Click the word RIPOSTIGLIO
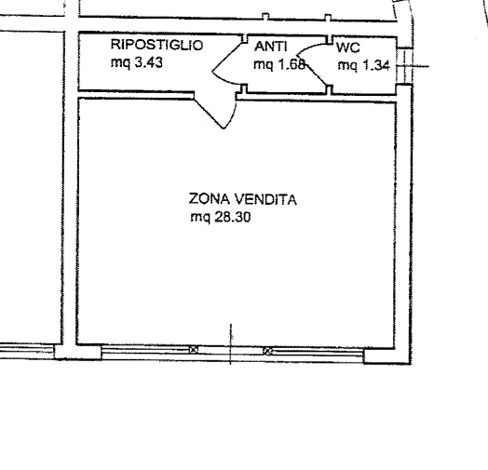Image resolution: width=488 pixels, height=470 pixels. point(156,45)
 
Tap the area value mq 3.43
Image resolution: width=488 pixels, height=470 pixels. point(137,62)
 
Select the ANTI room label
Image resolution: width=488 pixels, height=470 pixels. point(270,47)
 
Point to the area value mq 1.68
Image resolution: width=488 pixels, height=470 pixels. point(279,64)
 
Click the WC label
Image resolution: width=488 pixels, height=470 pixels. point(348,47)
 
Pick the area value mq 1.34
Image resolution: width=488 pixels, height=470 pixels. point(364,66)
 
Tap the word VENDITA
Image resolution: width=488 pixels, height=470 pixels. point(265,199)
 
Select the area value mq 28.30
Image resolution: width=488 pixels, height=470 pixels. point(221,217)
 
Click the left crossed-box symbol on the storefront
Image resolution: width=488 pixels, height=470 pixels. point(194,350)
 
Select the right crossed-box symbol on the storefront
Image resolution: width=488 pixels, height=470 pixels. point(268,351)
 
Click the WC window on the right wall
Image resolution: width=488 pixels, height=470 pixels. point(405,66)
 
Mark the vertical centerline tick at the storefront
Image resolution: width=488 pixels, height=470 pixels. point(231,344)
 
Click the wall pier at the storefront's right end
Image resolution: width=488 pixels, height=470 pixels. point(387,356)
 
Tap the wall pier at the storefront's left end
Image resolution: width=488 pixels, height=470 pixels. point(78,353)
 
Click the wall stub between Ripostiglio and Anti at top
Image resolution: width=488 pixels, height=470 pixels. point(245,38)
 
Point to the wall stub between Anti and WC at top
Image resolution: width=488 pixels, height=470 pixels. point(330,39)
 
